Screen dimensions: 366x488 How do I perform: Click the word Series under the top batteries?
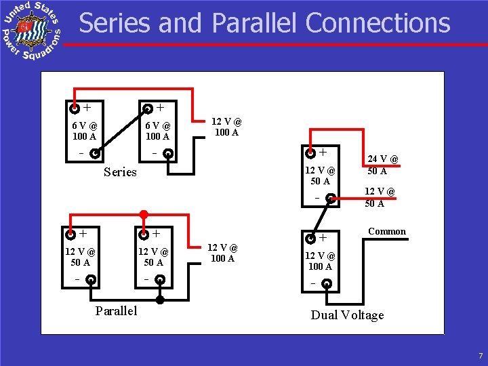(120, 172)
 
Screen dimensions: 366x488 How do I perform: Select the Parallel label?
(116, 311)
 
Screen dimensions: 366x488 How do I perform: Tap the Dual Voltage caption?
(347, 315)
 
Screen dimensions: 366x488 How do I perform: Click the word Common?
(387, 231)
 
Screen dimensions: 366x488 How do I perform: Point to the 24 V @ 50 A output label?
(383, 165)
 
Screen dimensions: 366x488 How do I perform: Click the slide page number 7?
(479, 357)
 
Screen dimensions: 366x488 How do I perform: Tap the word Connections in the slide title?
(378, 23)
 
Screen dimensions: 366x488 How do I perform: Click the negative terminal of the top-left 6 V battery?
(96, 152)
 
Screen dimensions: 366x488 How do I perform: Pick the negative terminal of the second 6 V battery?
(169, 153)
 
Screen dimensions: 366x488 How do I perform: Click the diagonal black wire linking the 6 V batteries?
(121, 130)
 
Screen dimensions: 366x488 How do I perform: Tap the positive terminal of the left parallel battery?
(70, 235)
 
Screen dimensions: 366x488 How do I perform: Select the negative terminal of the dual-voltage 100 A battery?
(327, 283)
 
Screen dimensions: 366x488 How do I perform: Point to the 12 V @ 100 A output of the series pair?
(226, 127)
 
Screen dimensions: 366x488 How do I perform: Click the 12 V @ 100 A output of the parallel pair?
(222, 253)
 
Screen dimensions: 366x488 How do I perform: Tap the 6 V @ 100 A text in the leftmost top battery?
(85, 131)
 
